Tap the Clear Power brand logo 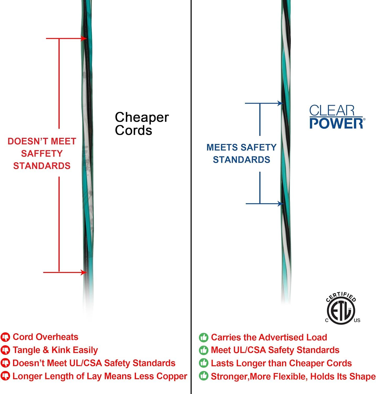(337, 117)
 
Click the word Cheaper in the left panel (142, 117)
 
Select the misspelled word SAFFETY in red (42, 153)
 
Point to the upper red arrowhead (84, 39)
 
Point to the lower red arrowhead (84, 272)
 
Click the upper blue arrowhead (280, 103)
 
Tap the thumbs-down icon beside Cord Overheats (5, 337)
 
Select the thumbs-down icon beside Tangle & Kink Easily (5, 350)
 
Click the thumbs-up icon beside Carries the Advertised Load (204, 337)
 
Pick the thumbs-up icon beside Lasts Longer (204, 363)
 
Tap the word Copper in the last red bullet (172, 376)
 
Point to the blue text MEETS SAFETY (241, 147)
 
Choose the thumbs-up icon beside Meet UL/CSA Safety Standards (204, 350)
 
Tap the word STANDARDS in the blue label (241, 160)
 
